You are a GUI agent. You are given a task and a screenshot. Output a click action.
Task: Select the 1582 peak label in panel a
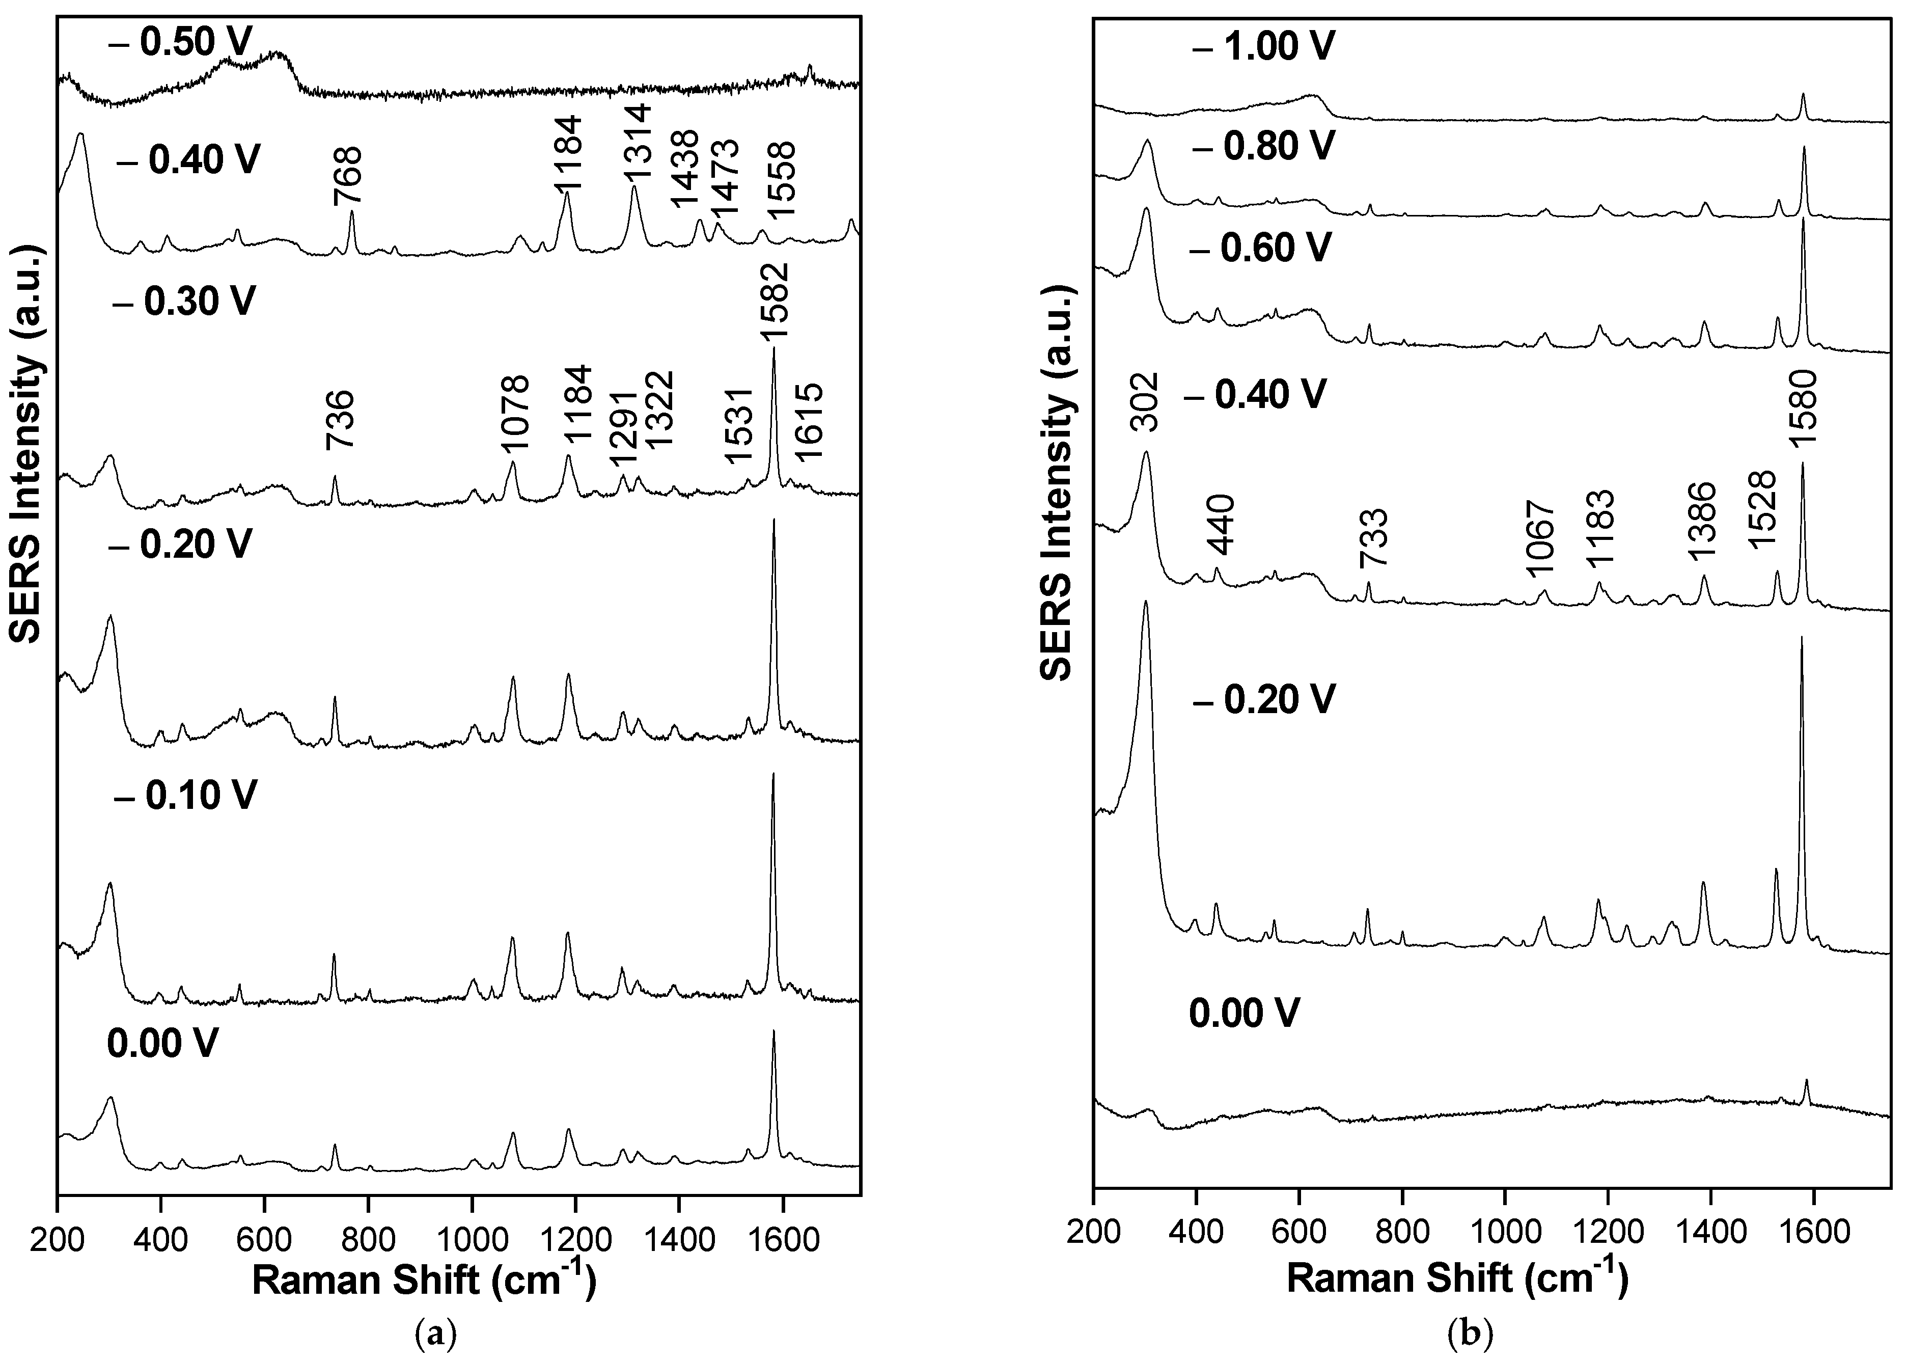[x=774, y=302]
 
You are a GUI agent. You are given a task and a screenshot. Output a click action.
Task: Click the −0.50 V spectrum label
[x=180, y=42]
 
